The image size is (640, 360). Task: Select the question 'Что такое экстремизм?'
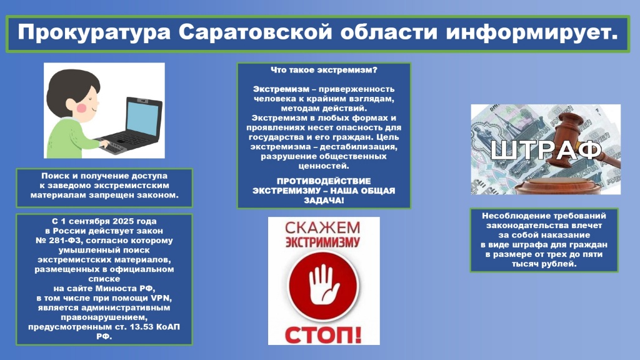point(323,71)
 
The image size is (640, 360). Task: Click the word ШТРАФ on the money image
point(546,150)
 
